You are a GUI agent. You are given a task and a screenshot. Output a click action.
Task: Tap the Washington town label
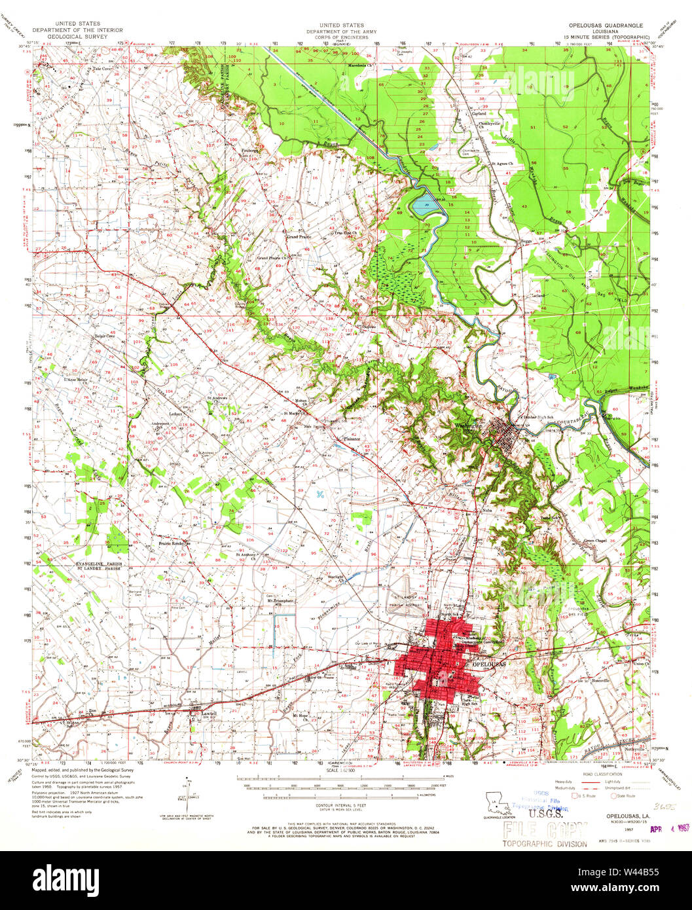468,426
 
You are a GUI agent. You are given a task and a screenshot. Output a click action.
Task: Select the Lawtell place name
208,713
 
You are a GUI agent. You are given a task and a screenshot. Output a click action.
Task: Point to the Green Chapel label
596,541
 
